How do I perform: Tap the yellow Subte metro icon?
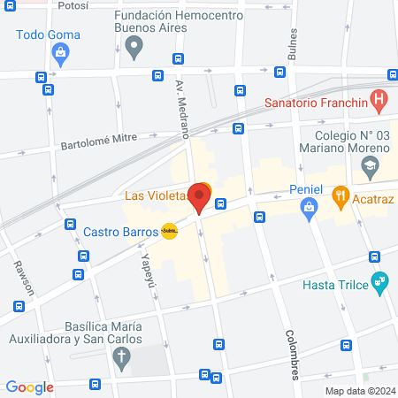click(x=169, y=232)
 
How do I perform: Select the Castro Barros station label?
click(x=121, y=232)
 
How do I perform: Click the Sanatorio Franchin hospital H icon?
click(x=379, y=100)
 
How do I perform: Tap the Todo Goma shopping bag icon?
click(x=59, y=54)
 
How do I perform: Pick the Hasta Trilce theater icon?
click(x=381, y=283)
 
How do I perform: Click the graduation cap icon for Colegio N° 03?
click(x=371, y=165)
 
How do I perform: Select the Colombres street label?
click(x=292, y=355)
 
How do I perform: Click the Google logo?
click(x=30, y=387)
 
